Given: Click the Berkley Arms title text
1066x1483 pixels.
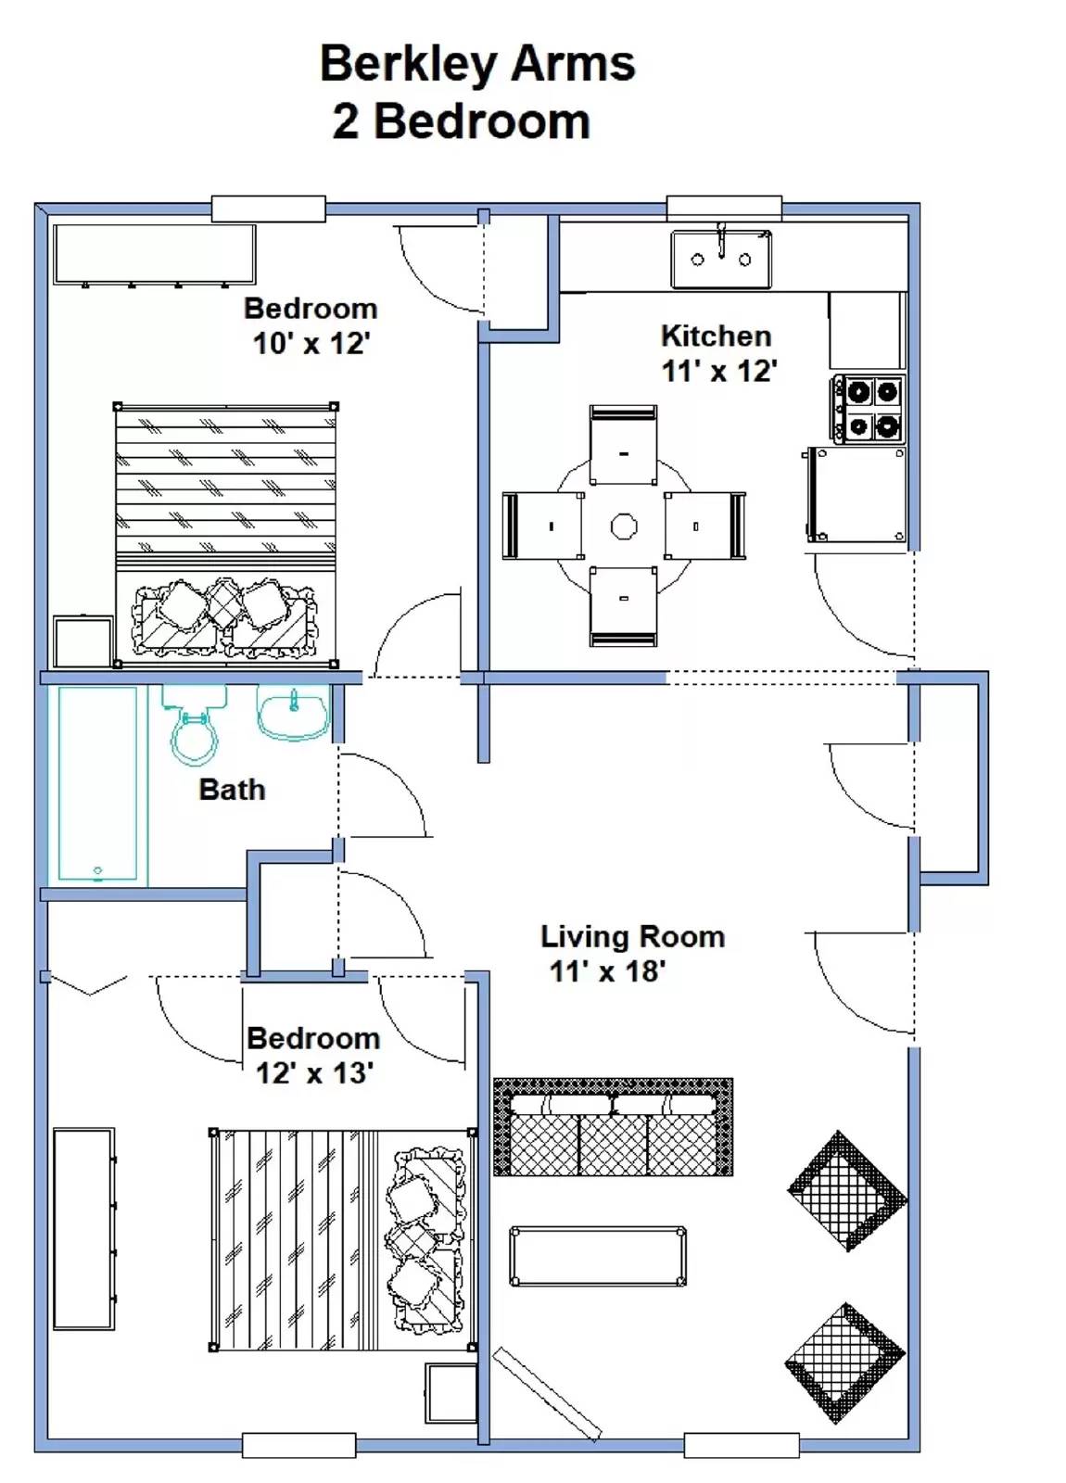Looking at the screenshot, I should [476, 64].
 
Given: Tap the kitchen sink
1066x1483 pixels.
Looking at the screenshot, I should [721, 260].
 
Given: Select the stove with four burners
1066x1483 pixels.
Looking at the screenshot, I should [868, 409].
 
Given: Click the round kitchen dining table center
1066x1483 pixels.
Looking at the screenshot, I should [624, 526].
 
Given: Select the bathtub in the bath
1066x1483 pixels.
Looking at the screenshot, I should [97, 784].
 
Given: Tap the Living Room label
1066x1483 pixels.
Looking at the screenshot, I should [632, 936].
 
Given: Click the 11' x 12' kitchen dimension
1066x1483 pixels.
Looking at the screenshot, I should [718, 372].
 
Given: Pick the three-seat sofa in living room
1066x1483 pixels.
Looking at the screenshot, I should [613, 1127].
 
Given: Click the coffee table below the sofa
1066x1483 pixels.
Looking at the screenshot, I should [597, 1256].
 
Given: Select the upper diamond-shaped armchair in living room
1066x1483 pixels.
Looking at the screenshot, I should [846, 1190].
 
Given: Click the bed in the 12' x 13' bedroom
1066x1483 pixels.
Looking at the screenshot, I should [342, 1239].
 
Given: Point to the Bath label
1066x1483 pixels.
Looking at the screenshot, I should [232, 790].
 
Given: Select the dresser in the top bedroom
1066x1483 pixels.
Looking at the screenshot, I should [154, 253].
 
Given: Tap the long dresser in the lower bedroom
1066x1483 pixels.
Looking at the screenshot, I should [83, 1228].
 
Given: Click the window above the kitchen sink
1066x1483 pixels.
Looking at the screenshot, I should [724, 209].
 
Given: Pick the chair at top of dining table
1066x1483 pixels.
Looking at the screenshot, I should [623, 445].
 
